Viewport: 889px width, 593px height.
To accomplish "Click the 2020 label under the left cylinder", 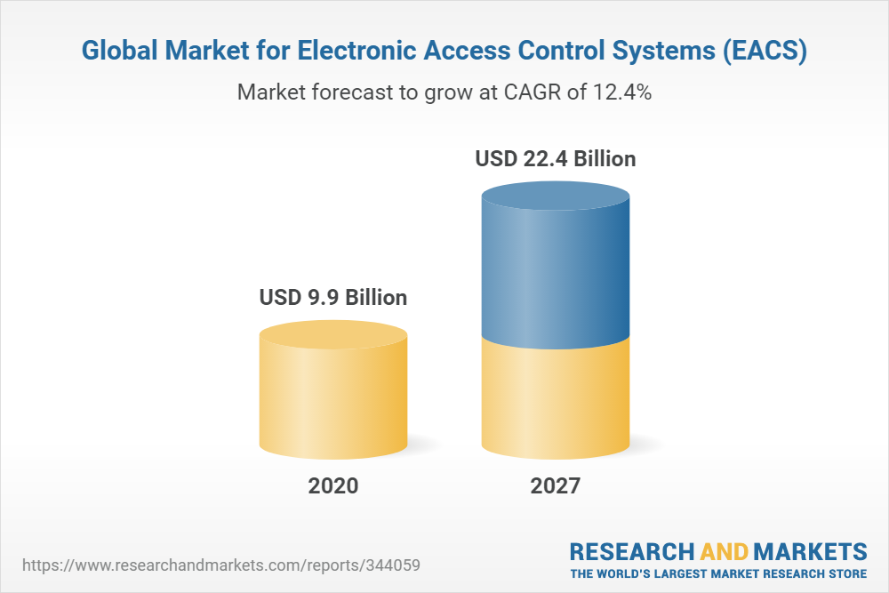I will [x=333, y=486].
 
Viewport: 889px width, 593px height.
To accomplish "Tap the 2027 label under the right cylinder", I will [x=555, y=486].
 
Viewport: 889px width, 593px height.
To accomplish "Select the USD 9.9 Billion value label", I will [x=333, y=297].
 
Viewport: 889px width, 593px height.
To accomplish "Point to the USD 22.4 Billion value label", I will [x=556, y=159].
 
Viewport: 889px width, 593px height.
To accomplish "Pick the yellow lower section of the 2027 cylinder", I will [x=556, y=400].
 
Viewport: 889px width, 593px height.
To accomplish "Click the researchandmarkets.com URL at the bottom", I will [x=220, y=565].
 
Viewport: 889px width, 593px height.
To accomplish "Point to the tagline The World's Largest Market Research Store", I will [x=718, y=573].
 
